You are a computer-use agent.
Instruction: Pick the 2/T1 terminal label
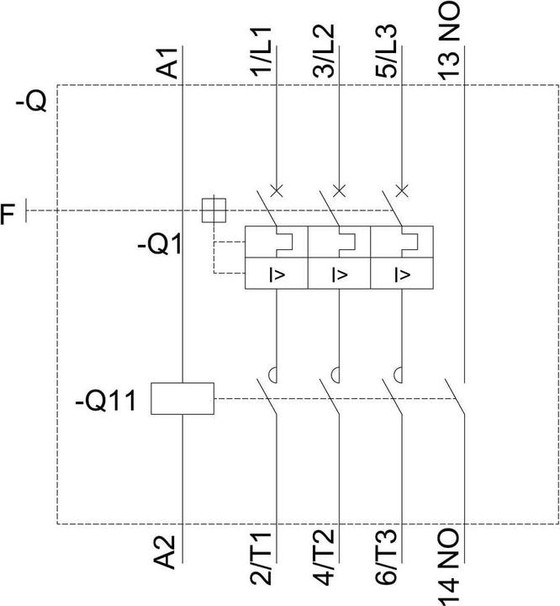263,555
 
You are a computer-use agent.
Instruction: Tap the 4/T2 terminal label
326,555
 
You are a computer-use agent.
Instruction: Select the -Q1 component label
162,247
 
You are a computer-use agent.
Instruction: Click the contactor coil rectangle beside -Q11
182,398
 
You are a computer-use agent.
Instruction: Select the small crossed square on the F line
214,209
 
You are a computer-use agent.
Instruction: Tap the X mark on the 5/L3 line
402,189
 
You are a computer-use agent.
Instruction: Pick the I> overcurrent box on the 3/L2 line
339,274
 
